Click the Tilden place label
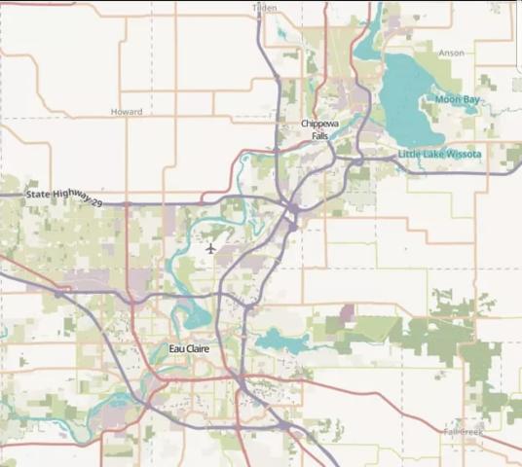pyautogui.click(x=264, y=7)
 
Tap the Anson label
pyautogui.click(x=451, y=53)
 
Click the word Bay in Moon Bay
pyautogui.click(x=470, y=99)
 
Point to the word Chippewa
pyautogui.click(x=320, y=125)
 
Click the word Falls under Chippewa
pyautogui.click(x=320, y=136)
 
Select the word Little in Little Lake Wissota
pyautogui.click(x=412, y=154)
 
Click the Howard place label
pyautogui.click(x=127, y=112)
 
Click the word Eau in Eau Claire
pyautogui.click(x=176, y=348)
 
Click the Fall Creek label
pyautogui.click(x=463, y=431)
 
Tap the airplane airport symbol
pyautogui.click(x=211, y=246)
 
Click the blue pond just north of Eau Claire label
pyautogui.click(x=195, y=317)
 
